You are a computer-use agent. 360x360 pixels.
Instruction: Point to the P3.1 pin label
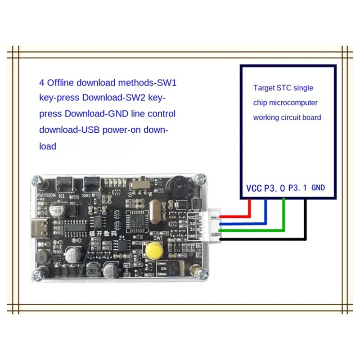point(297,188)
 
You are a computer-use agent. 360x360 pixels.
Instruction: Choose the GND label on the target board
point(318,188)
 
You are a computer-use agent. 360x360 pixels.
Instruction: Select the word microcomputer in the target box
point(297,103)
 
